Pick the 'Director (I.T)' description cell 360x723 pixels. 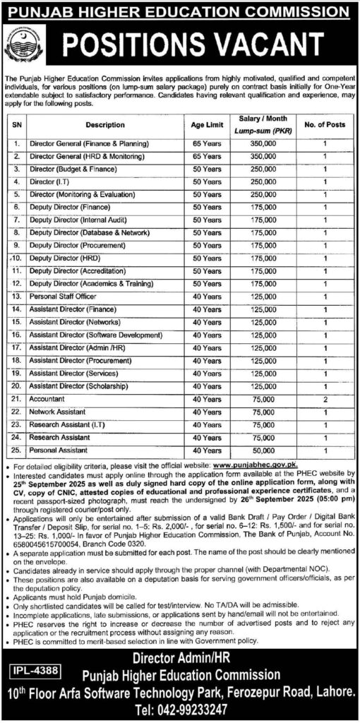click(x=55, y=181)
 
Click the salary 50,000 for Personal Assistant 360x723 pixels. click(x=263, y=450)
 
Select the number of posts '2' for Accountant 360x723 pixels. click(x=325, y=399)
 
